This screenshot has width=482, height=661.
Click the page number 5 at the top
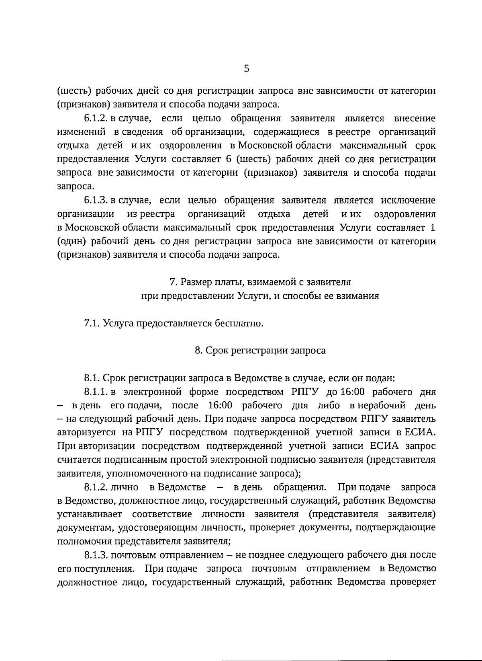[247, 68]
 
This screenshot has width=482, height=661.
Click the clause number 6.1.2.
[96, 119]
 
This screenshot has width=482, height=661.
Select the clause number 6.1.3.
[96, 200]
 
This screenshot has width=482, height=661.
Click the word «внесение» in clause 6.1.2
[415, 119]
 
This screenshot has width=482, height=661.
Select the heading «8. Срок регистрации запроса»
[260, 350]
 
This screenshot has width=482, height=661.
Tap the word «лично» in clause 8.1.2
[127, 487]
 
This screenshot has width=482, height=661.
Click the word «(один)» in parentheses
[71, 242]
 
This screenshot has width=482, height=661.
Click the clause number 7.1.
[92, 323]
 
